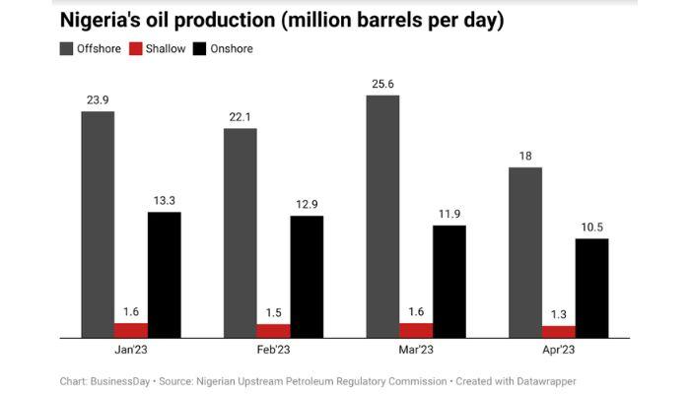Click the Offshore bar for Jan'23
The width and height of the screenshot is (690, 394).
98,225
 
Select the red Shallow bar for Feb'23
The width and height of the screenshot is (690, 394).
273,331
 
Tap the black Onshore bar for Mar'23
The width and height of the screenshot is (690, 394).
448,282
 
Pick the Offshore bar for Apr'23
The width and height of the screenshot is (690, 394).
525,252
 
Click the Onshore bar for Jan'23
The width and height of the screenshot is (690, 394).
165,275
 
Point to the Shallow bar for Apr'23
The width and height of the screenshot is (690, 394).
559,332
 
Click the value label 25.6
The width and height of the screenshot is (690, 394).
382,84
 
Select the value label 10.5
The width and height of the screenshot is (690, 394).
591,227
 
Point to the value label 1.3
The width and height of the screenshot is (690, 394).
559,314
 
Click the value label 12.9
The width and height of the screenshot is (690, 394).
307,204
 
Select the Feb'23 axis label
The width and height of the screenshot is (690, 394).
273,350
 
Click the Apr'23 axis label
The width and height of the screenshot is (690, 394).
559,350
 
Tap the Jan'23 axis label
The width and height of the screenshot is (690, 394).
131,350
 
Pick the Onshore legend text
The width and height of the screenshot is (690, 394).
231,48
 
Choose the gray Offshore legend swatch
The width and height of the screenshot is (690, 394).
66,48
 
